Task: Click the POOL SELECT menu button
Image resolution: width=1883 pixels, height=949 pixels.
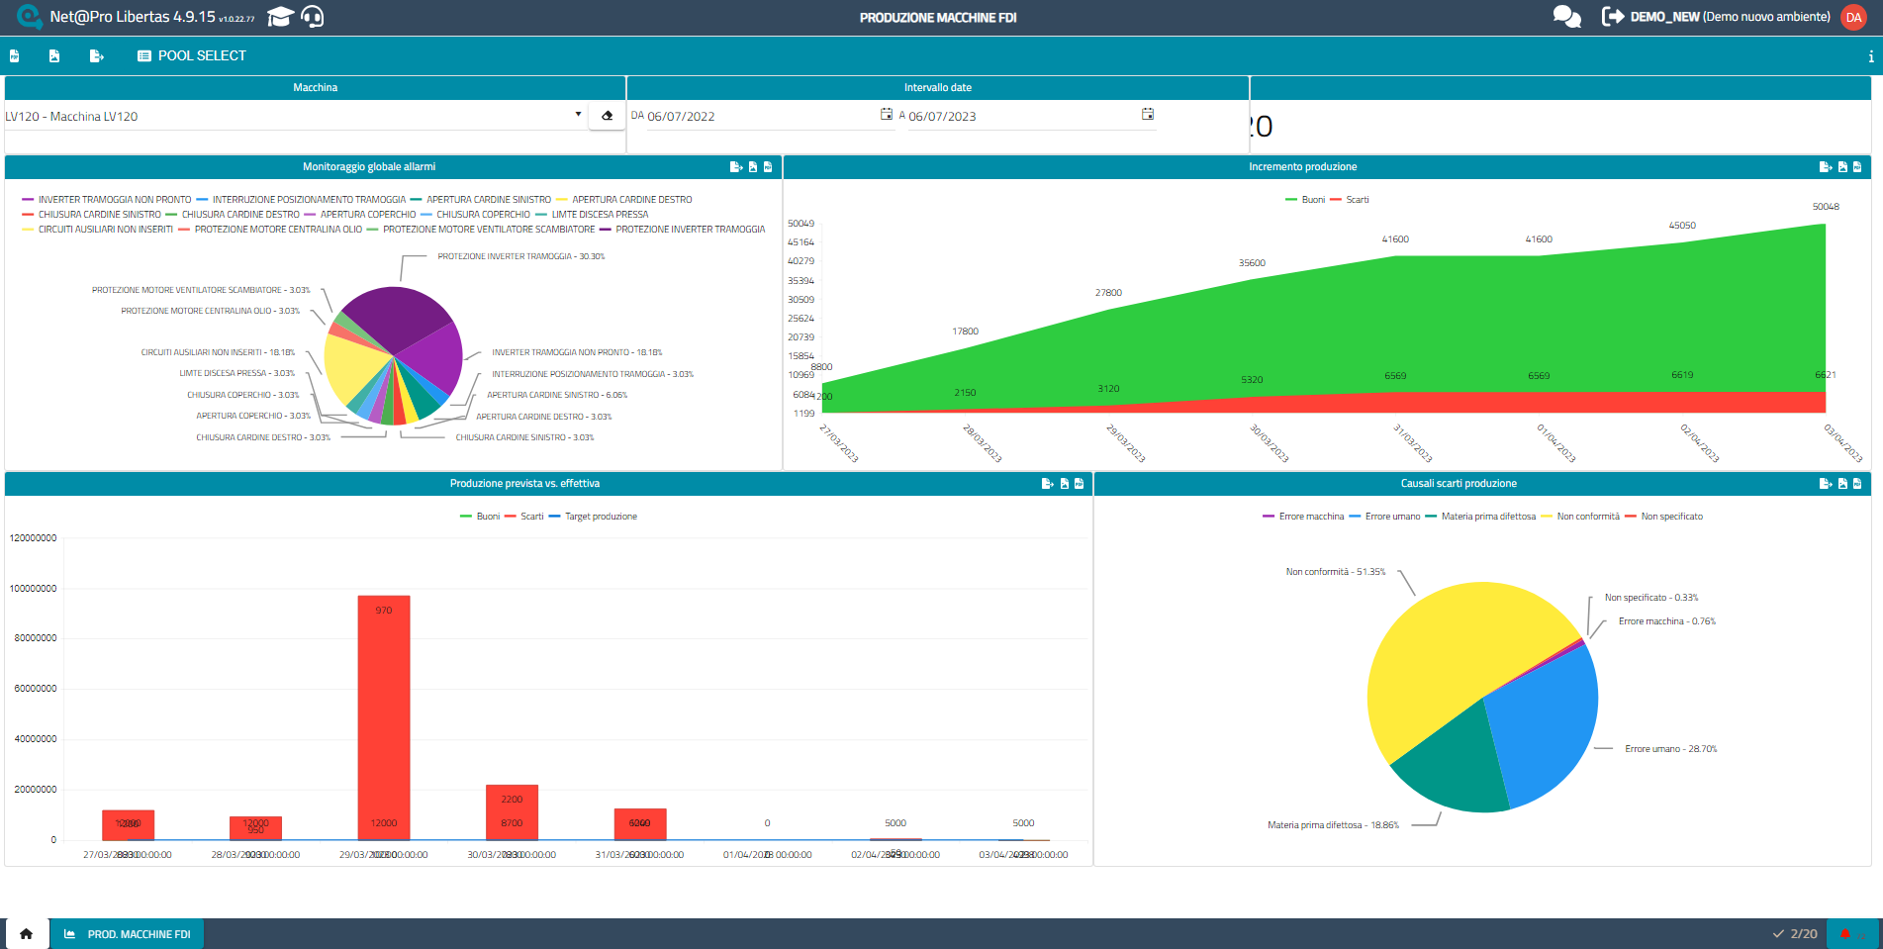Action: (192, 56)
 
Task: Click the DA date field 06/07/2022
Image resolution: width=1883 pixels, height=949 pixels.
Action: (752, 117)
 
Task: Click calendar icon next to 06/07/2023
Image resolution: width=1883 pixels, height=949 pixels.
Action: (1148, 115)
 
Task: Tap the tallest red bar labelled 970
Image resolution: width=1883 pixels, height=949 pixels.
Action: (384, 712)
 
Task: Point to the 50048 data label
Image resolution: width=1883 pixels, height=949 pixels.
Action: (1826, 207)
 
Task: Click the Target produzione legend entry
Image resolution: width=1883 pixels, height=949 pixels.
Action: (600, 517)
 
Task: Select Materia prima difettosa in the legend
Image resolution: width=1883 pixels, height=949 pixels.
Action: (1487, 517)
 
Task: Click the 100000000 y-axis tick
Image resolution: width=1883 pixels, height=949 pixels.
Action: (34, 589)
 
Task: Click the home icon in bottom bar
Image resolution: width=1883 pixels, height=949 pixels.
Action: (27, 933)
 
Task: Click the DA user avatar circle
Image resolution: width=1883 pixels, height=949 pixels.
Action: (1853, 17)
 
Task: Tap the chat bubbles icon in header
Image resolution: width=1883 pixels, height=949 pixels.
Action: (1566, 17)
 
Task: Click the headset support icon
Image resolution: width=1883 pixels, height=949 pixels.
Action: (312, 17)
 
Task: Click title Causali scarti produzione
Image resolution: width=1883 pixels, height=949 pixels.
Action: (1458, 484)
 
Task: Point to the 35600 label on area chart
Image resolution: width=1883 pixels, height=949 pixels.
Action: (1252, 263)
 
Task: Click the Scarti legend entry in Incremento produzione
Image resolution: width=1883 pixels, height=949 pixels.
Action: (1357, 200)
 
